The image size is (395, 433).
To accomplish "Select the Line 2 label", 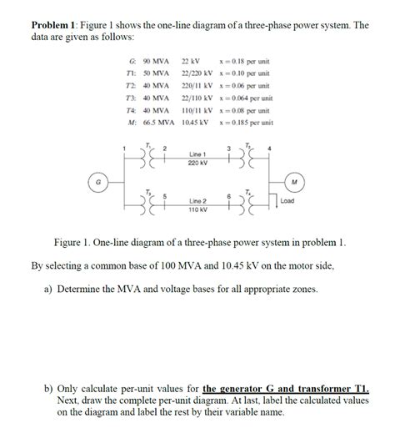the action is pos(197,201).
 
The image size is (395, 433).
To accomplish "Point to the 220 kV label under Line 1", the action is pos(197,163).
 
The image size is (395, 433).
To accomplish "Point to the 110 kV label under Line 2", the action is pos(197,209).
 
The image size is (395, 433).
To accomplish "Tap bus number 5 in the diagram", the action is pos(165,196).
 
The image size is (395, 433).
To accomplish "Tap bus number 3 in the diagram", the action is pos(228,149).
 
